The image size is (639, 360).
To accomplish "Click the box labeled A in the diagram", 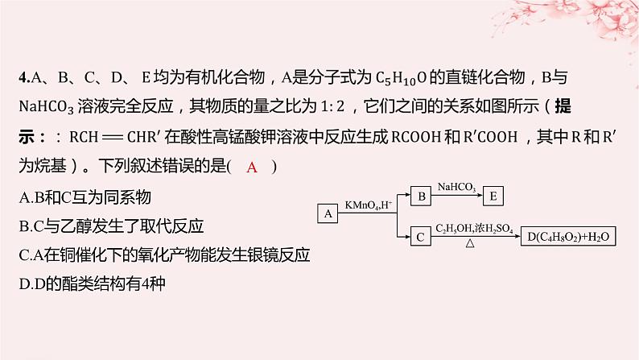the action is coord(328,213).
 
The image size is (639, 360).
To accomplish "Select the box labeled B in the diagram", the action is coord(421,195).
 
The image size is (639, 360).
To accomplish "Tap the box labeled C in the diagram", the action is coord(421,236).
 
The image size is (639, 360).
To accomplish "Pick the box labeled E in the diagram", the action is coord(494,195).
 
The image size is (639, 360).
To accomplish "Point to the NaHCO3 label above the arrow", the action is coord(456,188).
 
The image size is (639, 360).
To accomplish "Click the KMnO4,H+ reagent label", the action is coord(369,206).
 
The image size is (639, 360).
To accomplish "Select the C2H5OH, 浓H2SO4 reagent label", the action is coord(475,229).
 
